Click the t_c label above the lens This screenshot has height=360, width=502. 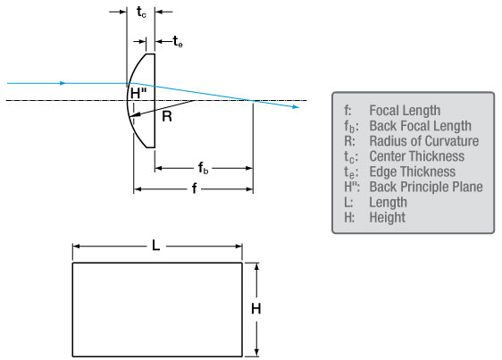(141, 13)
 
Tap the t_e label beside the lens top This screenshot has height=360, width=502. (178, 41)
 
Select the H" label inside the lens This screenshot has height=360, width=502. (138, 94)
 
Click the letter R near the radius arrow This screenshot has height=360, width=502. (167, 116)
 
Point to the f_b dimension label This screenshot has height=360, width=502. (203, 168)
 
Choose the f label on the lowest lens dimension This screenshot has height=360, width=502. (194, 188)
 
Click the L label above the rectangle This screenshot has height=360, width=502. (155, 246)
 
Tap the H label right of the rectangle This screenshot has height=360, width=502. (255, 309)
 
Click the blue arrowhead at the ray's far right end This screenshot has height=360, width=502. (297, 107)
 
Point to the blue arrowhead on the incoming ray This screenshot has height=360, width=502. (63, 83)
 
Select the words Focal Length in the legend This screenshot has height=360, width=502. (405, 111)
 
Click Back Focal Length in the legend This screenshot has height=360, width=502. (421, 126)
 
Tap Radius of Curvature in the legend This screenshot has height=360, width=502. (424, 141)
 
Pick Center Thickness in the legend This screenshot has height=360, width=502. (417, 156)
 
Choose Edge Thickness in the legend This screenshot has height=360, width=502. (413, 172)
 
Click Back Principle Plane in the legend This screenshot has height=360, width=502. (426, 187)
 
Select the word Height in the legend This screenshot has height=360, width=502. (388, 217)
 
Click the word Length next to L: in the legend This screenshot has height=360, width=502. (388, 203)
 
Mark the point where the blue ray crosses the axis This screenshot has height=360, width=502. (253, 101)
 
